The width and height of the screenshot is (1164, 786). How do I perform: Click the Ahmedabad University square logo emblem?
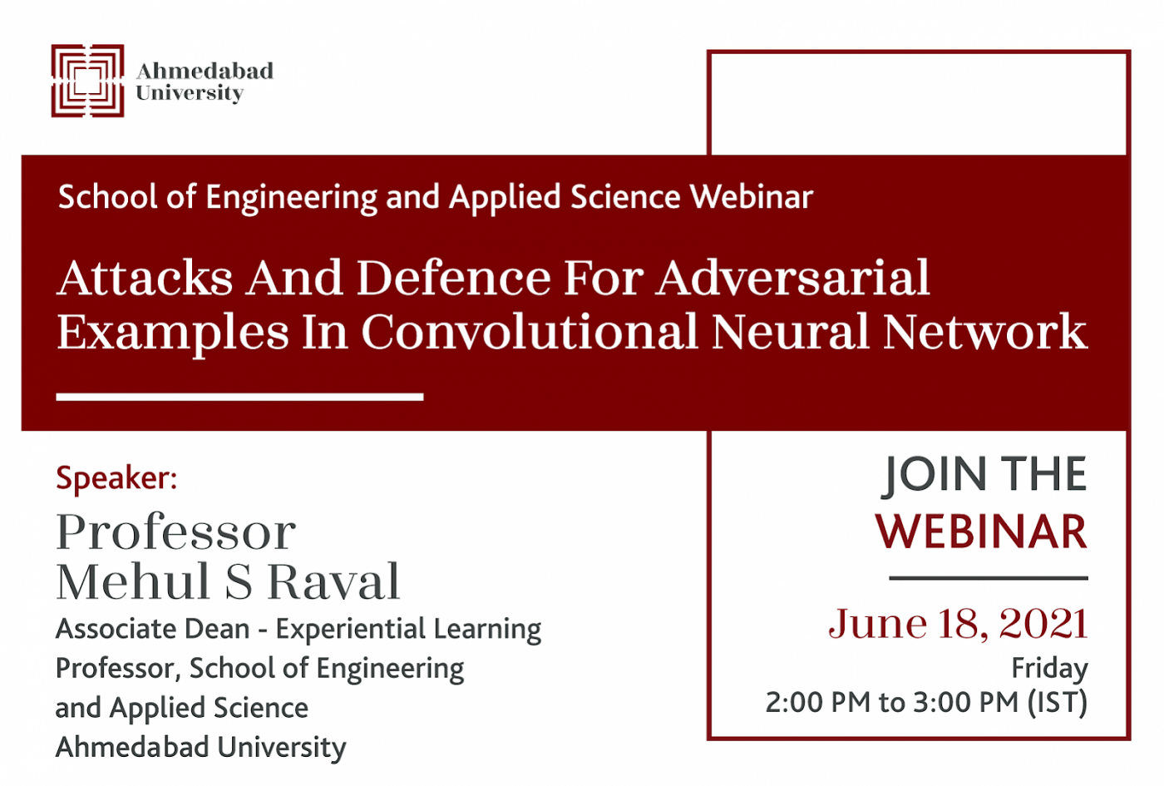coord(88,81)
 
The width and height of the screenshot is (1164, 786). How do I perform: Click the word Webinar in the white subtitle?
coord(752,198)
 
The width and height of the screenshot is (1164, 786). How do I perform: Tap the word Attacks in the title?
coord(145,279)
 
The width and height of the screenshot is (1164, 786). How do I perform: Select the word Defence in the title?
coord(453,279)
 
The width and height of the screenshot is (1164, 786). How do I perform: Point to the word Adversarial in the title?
coord(792,279)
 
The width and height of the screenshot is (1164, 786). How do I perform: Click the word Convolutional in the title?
coord(530,332)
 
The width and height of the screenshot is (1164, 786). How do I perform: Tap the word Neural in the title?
coord(790,332)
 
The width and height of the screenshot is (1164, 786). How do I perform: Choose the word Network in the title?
coord(984,332)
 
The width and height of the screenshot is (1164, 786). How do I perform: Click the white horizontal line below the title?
coord(240,398)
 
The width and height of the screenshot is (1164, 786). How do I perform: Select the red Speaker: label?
coord(116,477)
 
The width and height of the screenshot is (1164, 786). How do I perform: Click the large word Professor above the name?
coord(176,531)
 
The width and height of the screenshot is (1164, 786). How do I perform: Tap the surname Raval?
coord(333,581)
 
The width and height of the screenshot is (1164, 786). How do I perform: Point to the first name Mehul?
coord(133,581)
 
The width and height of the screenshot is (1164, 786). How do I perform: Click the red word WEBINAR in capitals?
coord(981,531)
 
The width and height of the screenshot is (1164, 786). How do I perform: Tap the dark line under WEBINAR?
coord(989,577)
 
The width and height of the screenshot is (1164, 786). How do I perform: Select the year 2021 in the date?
coord(1043,623)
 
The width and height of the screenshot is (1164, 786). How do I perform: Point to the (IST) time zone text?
coord(1058,702)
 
